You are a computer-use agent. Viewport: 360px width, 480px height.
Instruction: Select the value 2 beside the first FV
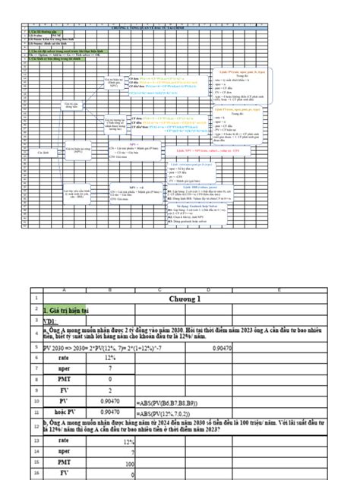[x=109, y=390]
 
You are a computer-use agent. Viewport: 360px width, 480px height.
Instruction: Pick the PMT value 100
[x=109, y=462]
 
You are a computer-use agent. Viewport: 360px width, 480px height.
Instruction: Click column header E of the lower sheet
[x=270, y=289]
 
